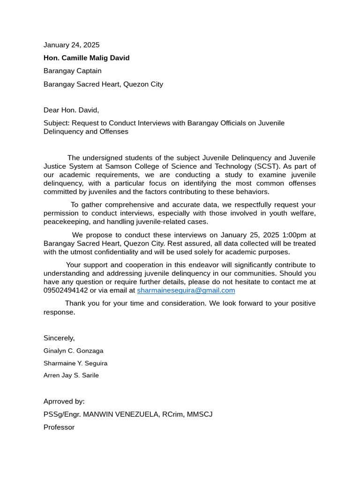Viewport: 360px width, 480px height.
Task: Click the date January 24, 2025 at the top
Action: coord(71,45)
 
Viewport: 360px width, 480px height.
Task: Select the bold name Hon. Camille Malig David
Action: coord(86,58)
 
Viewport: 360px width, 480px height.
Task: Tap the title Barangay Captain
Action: coord(72,71)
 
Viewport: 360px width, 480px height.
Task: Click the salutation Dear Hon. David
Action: coord(71,110)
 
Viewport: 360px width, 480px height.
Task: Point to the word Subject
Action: coord(55,123)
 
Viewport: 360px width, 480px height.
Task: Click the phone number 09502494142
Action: coord(66,290)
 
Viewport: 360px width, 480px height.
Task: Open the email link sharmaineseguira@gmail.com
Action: coord(186,290)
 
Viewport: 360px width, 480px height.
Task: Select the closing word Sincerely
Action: coord(59,338)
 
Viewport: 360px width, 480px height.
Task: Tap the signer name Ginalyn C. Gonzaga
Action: coord(73,351)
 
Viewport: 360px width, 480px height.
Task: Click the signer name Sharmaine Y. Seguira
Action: coord(75,363)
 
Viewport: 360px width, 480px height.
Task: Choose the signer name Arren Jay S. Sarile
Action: coord(71,375)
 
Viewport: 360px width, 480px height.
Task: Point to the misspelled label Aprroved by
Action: coord(64,402)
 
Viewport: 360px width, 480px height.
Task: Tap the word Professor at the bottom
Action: coord(59,427)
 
